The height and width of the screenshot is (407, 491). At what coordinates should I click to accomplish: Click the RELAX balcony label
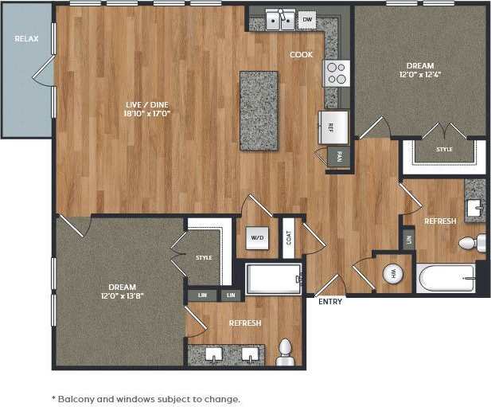(26, 38)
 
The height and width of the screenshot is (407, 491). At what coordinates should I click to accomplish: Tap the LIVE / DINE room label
(148, 104)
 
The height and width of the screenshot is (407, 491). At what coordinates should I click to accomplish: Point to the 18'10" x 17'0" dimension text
(148, 114)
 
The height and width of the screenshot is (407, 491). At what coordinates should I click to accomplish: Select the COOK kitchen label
(301, 55)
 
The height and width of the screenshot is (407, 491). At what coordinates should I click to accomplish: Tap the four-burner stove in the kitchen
(336, 73)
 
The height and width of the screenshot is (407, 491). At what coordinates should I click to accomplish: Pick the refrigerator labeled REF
(333, 126)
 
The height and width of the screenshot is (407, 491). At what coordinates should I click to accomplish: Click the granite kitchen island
(259, 110)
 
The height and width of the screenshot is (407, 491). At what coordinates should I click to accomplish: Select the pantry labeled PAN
(339, 155)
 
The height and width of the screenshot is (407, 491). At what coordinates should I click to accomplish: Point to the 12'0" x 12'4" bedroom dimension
(419, 75)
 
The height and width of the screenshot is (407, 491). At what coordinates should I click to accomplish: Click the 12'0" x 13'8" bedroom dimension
(123, 296)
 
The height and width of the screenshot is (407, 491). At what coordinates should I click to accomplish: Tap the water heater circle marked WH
(392, 273)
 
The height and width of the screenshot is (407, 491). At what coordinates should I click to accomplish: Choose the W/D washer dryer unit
(257, 237)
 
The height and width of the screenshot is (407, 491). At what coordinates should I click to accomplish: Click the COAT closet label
(288, 237)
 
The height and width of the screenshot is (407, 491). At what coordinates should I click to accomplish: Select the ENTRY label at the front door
(330, 302)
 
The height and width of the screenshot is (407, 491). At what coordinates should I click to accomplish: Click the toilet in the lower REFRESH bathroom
(285, 352)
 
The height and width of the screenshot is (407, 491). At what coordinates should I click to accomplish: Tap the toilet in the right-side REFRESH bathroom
(473, 243)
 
